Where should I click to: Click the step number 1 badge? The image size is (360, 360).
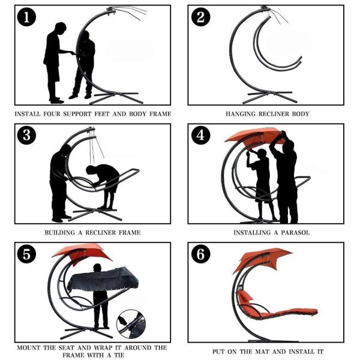click(x=26, y=17)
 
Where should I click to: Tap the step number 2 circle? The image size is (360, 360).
click(x=200, y=17)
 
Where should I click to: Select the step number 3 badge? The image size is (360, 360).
click(x=26, y=135)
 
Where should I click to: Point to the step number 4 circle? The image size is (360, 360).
click(x=200, y=135)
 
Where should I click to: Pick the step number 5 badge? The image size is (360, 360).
click(x=26, y=254)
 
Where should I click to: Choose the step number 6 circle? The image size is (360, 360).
click(x=200, y=254)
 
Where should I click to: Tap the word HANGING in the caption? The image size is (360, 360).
click(x=241, y=114)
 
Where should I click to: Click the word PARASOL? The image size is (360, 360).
click(x=295, y=233)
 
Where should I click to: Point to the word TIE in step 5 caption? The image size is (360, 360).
click(x=118, y=355)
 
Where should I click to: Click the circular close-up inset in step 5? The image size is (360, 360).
click(x=131, y=324)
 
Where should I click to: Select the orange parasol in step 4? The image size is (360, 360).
click(x=254, y=136)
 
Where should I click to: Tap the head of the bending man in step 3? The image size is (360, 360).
click(x=91, y=170)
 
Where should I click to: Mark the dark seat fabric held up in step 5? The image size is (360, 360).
click(x=104, y=279)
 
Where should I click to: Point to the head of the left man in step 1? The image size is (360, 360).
click(x=61, y=28)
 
